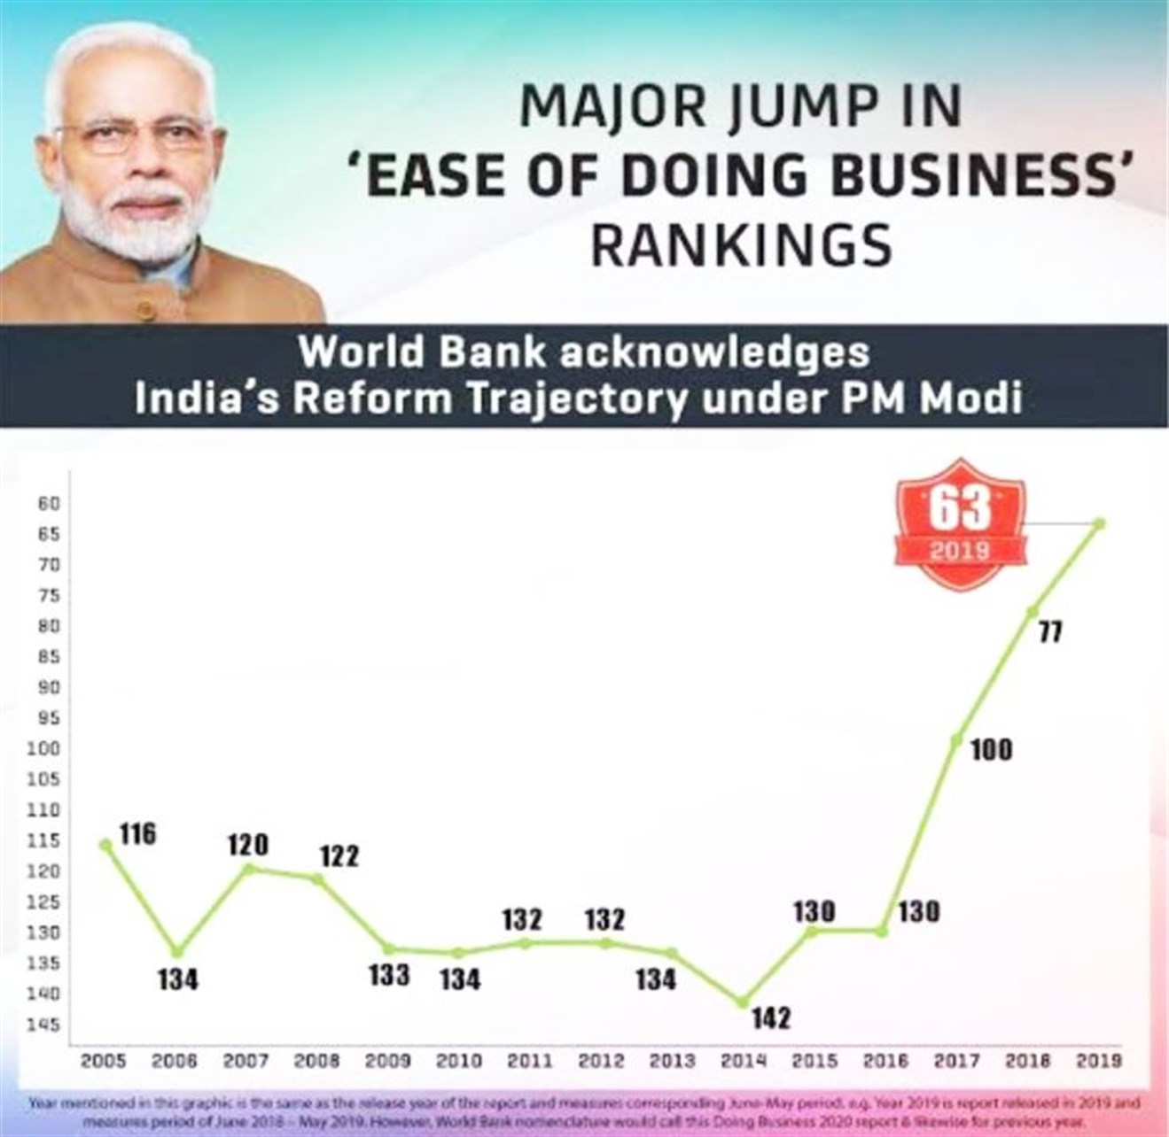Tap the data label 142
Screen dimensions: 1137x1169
[x=770, y=1019]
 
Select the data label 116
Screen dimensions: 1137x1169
[x=138, y=834]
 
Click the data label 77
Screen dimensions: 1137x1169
[x=1051, y=634]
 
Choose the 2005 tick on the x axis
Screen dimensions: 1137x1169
[x=104, y=1060]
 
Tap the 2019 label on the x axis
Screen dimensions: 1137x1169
[x=1099, y=1060]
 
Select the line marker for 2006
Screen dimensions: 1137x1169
[x=177, y=952]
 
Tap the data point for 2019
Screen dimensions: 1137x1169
[x=1100, y=523]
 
